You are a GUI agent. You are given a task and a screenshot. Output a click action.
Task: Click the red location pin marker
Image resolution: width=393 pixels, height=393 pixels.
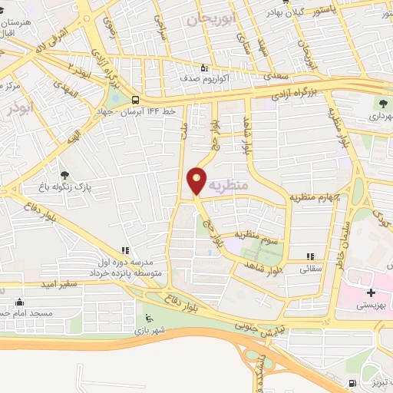point(197,180)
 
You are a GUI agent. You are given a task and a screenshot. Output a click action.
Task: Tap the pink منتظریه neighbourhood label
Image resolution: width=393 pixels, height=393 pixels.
point(229,185)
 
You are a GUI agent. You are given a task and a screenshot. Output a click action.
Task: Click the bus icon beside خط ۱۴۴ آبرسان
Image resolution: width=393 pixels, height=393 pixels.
point(136,100)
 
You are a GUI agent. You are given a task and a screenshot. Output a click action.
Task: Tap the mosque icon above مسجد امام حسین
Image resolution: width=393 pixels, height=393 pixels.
point(18,302)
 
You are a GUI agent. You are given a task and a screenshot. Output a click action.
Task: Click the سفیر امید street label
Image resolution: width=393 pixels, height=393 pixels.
point(61,283)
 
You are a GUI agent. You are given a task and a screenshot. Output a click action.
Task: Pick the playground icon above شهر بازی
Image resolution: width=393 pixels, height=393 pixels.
point(148,319)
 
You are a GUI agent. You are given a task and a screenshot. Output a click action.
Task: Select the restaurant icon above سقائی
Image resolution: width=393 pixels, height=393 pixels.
point(310,257)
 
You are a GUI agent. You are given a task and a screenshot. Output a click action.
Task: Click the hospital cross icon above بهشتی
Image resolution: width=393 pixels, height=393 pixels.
point(371,293)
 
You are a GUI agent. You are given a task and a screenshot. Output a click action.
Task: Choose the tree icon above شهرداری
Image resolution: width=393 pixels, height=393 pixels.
point(381,103)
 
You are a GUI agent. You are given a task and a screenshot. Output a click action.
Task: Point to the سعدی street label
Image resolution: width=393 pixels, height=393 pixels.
point(272,76)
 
